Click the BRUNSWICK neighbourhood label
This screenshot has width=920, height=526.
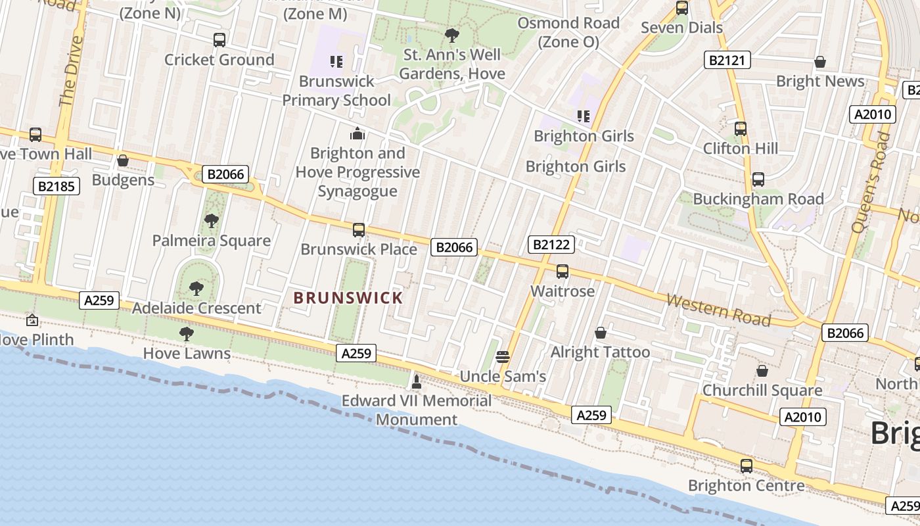pos(348,298)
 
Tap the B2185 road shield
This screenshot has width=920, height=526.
pos(57,186)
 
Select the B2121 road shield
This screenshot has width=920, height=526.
pos(727,60)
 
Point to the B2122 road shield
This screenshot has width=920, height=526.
pos(551,245)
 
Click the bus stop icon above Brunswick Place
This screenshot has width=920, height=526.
pos(359,230)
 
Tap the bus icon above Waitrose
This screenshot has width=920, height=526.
pos(563,272)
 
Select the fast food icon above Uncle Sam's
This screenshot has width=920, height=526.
pos(503,357)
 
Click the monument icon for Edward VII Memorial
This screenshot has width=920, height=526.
pos(416,381)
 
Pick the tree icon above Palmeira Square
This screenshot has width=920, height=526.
pos(211,221)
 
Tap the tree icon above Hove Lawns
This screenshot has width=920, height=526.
pos(187,334)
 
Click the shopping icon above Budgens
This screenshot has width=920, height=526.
pos(123,160)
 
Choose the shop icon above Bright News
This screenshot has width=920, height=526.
pos(820,62)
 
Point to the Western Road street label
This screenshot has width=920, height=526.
pos(718,310)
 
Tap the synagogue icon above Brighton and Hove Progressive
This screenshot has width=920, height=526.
pos(357,134)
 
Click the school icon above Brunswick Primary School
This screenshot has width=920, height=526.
pos(336,62)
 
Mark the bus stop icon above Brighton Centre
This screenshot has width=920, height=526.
pos(747,466)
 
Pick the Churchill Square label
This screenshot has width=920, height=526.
pos(762,391)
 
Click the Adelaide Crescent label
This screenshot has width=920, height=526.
pos(196,308)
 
